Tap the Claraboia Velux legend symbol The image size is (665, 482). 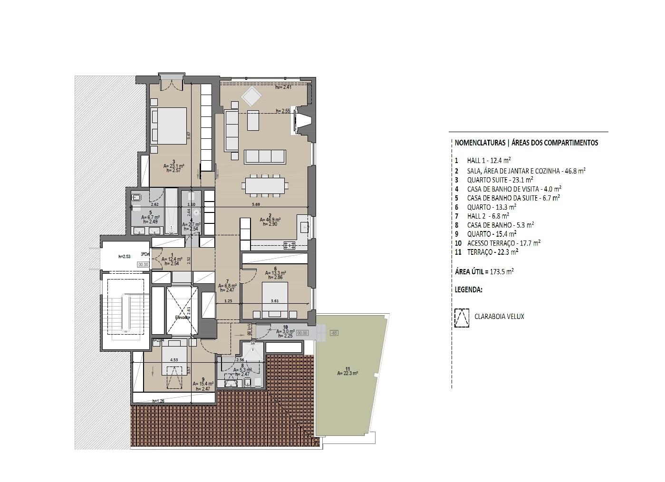[462, 317]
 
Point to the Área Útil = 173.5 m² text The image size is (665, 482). [484, 271]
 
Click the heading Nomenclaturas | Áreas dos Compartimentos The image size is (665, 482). [526, 143]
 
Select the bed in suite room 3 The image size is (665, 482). [169, 125]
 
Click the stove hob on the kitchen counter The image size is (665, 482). [289, 245]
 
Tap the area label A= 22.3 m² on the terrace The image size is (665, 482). [347, 373]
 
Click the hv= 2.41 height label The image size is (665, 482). [283, 87]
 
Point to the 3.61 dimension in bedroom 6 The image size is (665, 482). [274, 301]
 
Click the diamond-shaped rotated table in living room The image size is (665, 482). [251, 97]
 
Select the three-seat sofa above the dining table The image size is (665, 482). [265, 156]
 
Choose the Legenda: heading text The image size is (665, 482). [468, 289]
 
